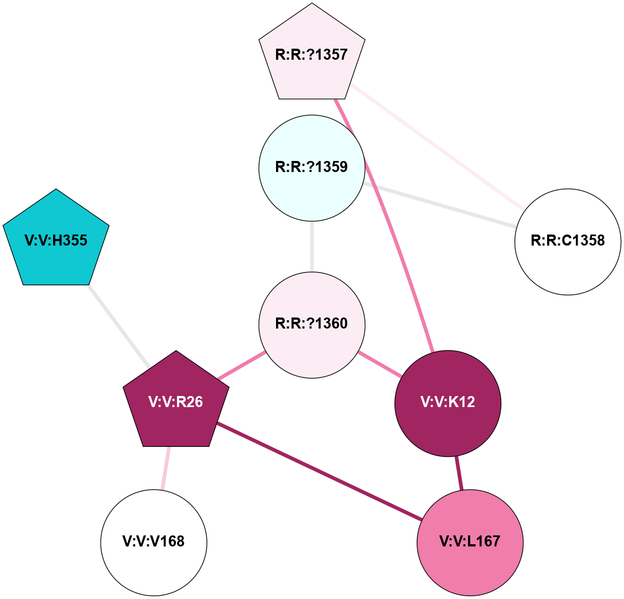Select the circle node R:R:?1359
(x=312, y=168)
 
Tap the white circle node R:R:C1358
(x=568, y=242)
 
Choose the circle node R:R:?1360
(x=312, y=325)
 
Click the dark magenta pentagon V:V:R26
(x=176, y=402)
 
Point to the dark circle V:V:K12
(x=448, y=403)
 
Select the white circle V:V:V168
(x=154, y=542)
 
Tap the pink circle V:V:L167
(x=470, y=542)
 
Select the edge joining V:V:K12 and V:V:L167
(x=459, y=473)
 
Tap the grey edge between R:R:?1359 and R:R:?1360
(x=312, y=246)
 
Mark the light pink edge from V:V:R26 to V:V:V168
(x=165, y=468)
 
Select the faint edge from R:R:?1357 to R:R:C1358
(x=437, y=147)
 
